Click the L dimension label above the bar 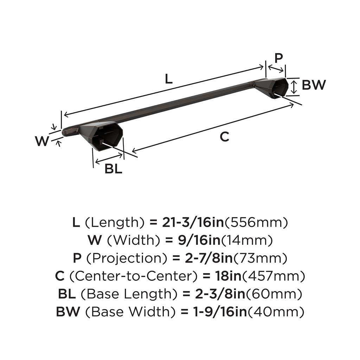(169, 78)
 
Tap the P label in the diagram (278, 58)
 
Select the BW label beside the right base (314, 85)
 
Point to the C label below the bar (224, 137)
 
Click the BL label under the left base (113, 169)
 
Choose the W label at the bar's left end (42, 141)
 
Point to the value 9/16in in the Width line (193, 240)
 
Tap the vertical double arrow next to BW (294, 87)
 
